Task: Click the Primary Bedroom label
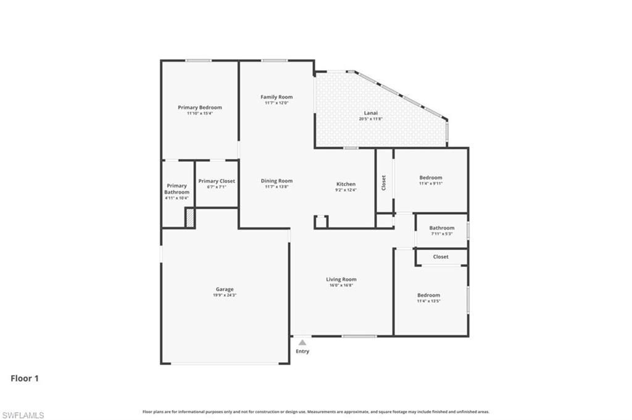(x=199, y=107)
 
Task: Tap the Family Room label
(x=276, y=97)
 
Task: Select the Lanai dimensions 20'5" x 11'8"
(x=370, y=118)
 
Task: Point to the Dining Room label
(x=276, y=181)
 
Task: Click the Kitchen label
(x=346, y=184)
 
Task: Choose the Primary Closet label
(x=217, y=181)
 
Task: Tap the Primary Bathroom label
(x=177, y=189)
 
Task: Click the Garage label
(x=224, y=289)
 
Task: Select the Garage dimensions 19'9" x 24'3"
(x=224, y=295)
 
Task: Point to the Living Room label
(x=341, y=279)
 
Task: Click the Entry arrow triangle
(x=302, y=342)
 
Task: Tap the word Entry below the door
(x=302, y=352)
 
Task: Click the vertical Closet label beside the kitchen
(x=384, y=183)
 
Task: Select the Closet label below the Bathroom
(x=441, y=257)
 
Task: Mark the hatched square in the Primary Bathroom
(x=190, y=218)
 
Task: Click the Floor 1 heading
(x=25, y=379)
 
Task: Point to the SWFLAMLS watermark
(x=23, y=415)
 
